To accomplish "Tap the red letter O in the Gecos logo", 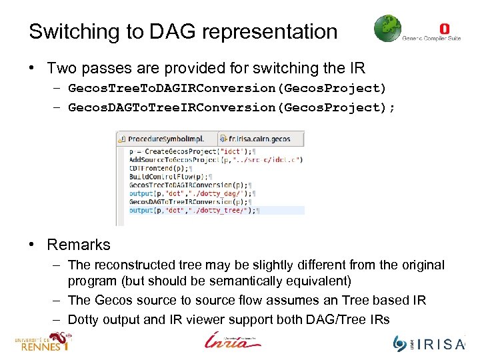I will click(445, 29).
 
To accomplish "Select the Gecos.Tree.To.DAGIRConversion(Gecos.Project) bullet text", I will click(227, 88).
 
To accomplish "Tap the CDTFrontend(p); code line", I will click(153, 168).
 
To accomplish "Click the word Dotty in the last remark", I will click(83, 319).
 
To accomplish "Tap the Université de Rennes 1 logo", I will click(41, 342).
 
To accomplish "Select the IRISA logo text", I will click(440, 344).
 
